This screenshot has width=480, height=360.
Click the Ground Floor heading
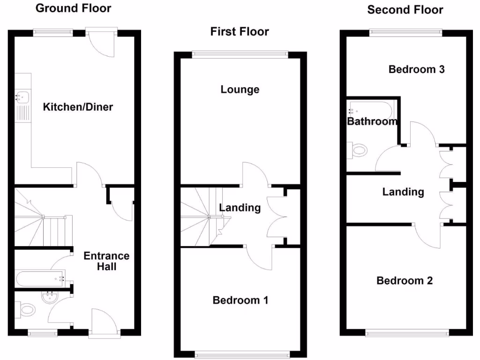74,8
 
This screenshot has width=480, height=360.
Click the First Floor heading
240,31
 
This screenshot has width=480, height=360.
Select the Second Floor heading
405,10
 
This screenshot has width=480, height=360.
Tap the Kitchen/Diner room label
78,107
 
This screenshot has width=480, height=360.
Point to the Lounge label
240,89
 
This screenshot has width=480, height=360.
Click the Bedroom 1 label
240,300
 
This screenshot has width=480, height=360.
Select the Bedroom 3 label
417,69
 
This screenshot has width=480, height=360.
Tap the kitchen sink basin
22,97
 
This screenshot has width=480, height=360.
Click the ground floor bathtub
40,279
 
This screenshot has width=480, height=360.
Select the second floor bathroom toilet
359,150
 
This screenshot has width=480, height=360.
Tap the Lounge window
240,54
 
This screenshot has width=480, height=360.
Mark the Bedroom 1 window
242,355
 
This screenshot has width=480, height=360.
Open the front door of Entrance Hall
104,323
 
